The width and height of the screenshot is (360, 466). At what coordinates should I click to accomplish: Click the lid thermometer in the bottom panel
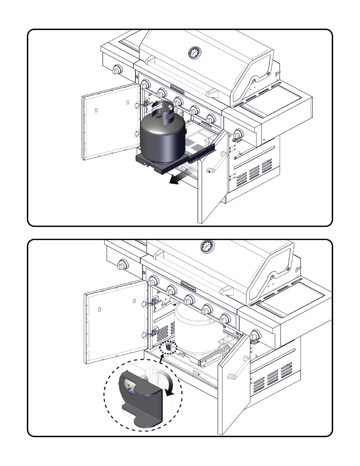(207, 247)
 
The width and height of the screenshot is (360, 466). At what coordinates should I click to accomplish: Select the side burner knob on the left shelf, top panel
(117, 70)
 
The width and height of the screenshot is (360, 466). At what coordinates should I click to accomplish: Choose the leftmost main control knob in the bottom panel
(153, 281)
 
